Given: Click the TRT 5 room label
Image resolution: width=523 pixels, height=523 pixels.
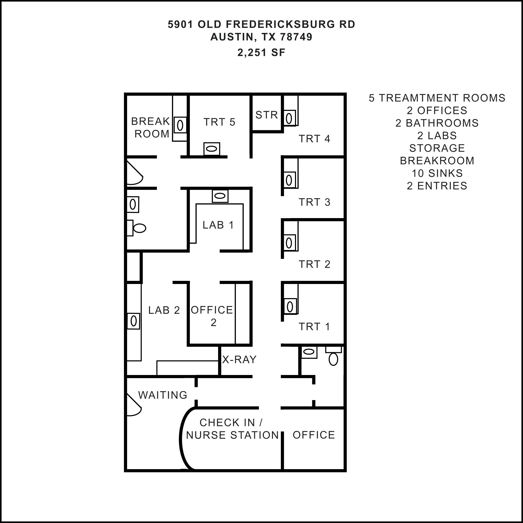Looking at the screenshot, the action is click(219, 122).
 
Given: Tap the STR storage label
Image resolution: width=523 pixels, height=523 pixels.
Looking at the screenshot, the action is click(267, 115).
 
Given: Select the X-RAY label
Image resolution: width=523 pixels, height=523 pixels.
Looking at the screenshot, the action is click(239, 360).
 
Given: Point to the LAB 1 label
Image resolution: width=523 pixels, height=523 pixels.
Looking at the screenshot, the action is click(218, 225).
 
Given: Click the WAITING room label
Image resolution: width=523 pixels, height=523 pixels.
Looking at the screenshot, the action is click(163, 395).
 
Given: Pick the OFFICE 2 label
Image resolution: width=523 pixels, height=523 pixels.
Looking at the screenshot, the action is click(212, 316).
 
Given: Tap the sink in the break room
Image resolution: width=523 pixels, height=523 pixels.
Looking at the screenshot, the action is click(180, 125).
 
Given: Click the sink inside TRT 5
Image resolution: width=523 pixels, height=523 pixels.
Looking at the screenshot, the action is click(212, 149).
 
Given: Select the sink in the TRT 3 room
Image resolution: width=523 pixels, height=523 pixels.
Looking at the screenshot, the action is click(289, 180).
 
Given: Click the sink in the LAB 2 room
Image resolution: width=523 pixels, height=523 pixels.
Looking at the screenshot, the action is click(133, 321).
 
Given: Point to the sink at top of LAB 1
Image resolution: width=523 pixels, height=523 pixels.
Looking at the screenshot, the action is click(220, 196).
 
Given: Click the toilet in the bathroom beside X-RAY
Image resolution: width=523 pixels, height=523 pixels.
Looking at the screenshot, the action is click(333, 356).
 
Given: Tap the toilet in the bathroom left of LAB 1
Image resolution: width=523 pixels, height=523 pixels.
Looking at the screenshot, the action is click(137, 228).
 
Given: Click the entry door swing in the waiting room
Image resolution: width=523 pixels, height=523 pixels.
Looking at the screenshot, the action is click(134, 405).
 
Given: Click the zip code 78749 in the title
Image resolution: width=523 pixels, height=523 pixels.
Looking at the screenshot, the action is click(296, 37).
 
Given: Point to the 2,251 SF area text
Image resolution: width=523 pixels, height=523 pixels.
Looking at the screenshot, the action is click(261, 53).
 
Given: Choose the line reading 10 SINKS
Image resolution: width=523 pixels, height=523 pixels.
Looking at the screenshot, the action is click(437, 173).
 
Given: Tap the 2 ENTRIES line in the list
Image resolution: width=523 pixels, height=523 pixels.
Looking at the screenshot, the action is click(437, 186).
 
